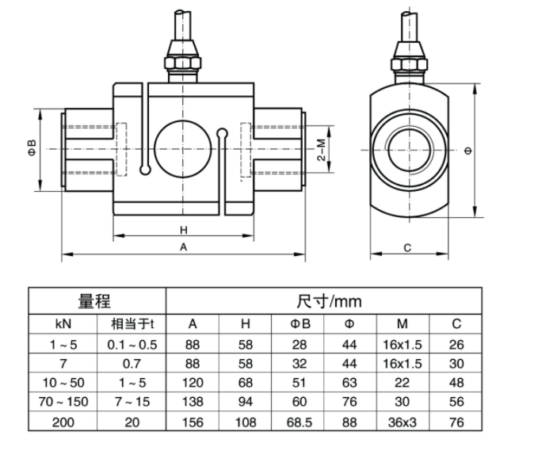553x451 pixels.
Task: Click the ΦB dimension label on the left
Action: click(32, 148)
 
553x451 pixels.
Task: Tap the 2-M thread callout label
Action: click(321, 150)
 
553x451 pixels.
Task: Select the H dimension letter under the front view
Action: click(183, 231)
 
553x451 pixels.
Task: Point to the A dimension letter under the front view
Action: click(183, 247)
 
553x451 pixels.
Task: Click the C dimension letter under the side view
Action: click(407, 248)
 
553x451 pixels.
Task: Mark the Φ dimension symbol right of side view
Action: click(469, 151)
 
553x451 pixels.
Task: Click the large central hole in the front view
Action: click(183, 149)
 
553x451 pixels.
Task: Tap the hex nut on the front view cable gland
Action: click(183, 63)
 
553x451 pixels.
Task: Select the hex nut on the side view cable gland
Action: click(409, 63)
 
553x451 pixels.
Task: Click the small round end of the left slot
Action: click(145, 170)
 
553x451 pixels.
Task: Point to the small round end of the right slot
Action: click(222, 132)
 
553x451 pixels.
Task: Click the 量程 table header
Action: click(94, 301)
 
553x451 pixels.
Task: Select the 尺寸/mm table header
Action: click(329, 301)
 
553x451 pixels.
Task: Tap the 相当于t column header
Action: click(132, 323)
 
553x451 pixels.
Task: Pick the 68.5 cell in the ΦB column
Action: click(299, 422)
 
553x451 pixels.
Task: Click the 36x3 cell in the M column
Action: click(402, 422)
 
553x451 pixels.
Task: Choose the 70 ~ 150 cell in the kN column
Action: click(63, 402)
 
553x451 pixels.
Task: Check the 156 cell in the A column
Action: click(193, 422)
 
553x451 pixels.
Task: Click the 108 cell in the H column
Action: click(246, 422)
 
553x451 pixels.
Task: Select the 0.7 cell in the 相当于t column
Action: click(132, 364)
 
